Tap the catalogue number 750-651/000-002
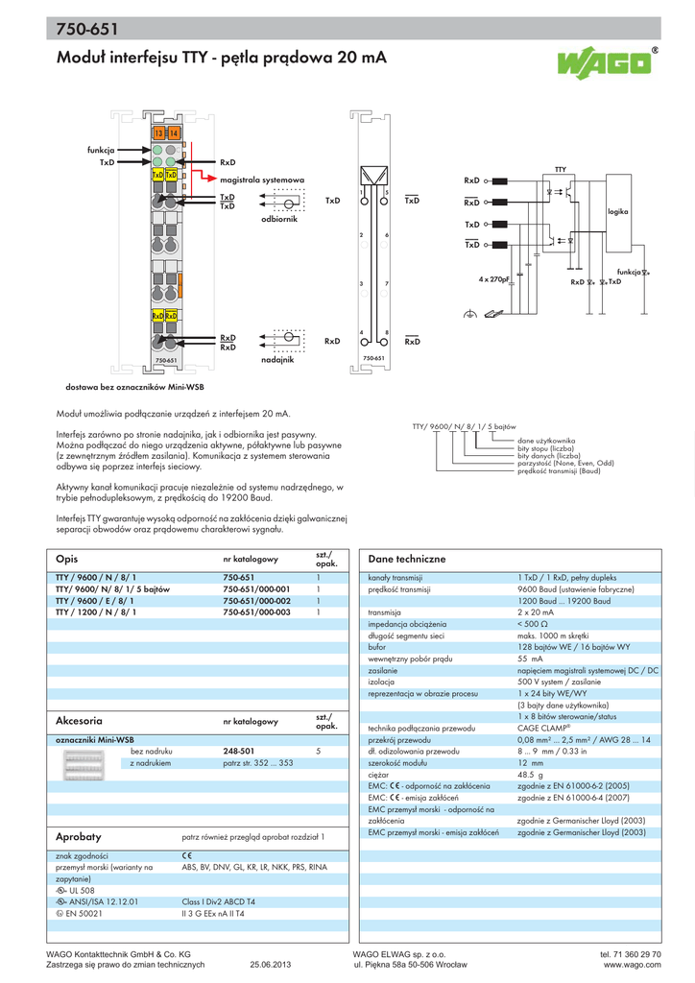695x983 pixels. pos(256,600)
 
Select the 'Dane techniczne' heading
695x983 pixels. pos(407,559)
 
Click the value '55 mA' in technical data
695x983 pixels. pos(530,659)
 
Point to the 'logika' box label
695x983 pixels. pos(617,210)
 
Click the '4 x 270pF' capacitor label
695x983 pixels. pos(493,279)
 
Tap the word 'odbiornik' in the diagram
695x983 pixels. pos(280,220)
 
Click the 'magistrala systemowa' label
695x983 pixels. pos(262,180)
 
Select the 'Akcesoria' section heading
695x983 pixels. pos(80,720)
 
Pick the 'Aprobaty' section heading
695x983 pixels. pos(79,837)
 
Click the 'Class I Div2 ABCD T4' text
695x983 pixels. pos(219,902)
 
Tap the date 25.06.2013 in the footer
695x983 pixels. pos(270,965)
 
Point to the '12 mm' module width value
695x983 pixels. pos(530,762)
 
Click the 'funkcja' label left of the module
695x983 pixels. pos(101,150)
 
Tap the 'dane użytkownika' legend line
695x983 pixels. pos(546,441)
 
